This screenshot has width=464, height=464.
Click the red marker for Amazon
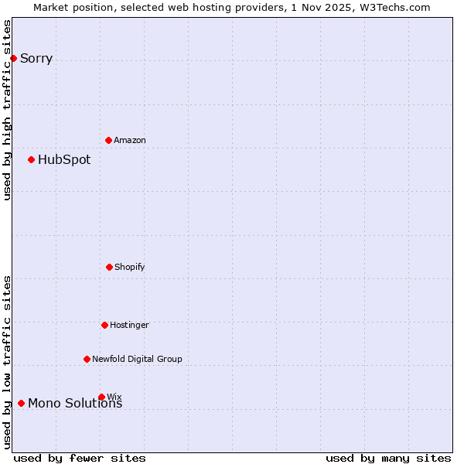click(x=108, y=140)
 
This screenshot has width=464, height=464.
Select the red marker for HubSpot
click(x=31, y=159)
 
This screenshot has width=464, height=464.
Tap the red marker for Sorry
click(x=13, y=58)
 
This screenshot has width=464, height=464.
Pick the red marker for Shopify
click(x=109, y=267)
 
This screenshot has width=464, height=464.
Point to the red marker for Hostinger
click(x=104, y=325)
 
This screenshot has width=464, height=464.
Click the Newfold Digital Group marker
click(x=87, y=359)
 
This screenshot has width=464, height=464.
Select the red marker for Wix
click(x=101, y=397)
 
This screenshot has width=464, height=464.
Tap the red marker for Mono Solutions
click(x=21, y=403)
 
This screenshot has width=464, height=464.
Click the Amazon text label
click(x=130, y=140)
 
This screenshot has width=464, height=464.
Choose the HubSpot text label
click(x=64, y=160)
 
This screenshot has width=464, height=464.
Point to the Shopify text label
click(x=130, y=267)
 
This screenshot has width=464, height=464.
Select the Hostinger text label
click(x=129, y=325)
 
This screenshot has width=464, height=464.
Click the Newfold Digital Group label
click(x=137, y=359)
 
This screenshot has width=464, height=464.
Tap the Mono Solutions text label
click(x=75, y=404)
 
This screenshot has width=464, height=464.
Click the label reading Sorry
click(x=36, y=59)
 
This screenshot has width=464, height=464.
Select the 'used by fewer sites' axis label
click(x=80, y=458)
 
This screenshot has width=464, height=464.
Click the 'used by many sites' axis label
click(x=388, y=458)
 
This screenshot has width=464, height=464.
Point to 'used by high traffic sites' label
click(x=8, y=110)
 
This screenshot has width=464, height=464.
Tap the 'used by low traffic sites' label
click(x=8, y=362)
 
